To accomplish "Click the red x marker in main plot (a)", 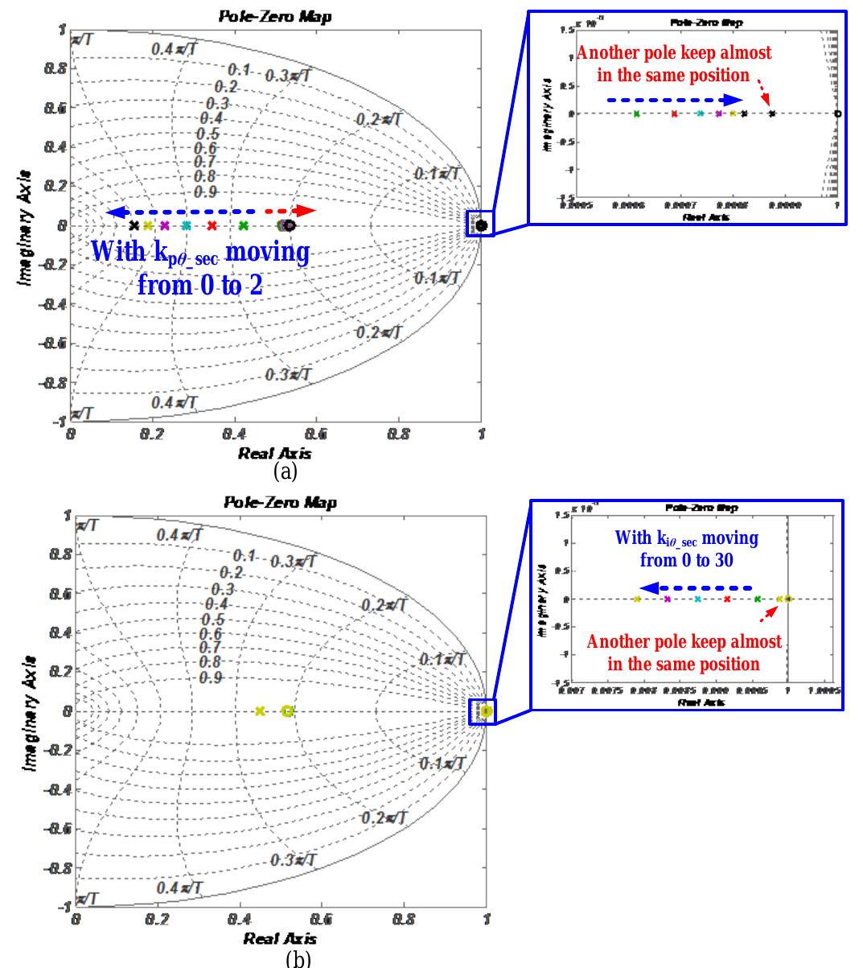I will click(212, 226).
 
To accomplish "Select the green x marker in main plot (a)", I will click(244, 226).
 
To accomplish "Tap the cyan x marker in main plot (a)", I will click(187, 226).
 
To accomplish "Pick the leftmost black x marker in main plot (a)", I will click(134, 226).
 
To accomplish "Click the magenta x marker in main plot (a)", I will click(165, 226).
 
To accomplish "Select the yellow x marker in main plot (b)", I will click(259, 711).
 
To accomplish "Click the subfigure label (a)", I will click(286, 470).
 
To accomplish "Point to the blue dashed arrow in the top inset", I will click(674, 101).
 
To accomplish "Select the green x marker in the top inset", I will click(636, 114).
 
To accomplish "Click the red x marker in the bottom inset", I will click(726, 599).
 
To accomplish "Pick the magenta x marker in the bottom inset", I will click(667, 599).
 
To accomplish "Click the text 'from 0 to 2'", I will click(199, 285).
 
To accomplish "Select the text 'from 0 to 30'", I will click(686, 560).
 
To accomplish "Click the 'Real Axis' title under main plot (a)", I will click(274, 454).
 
